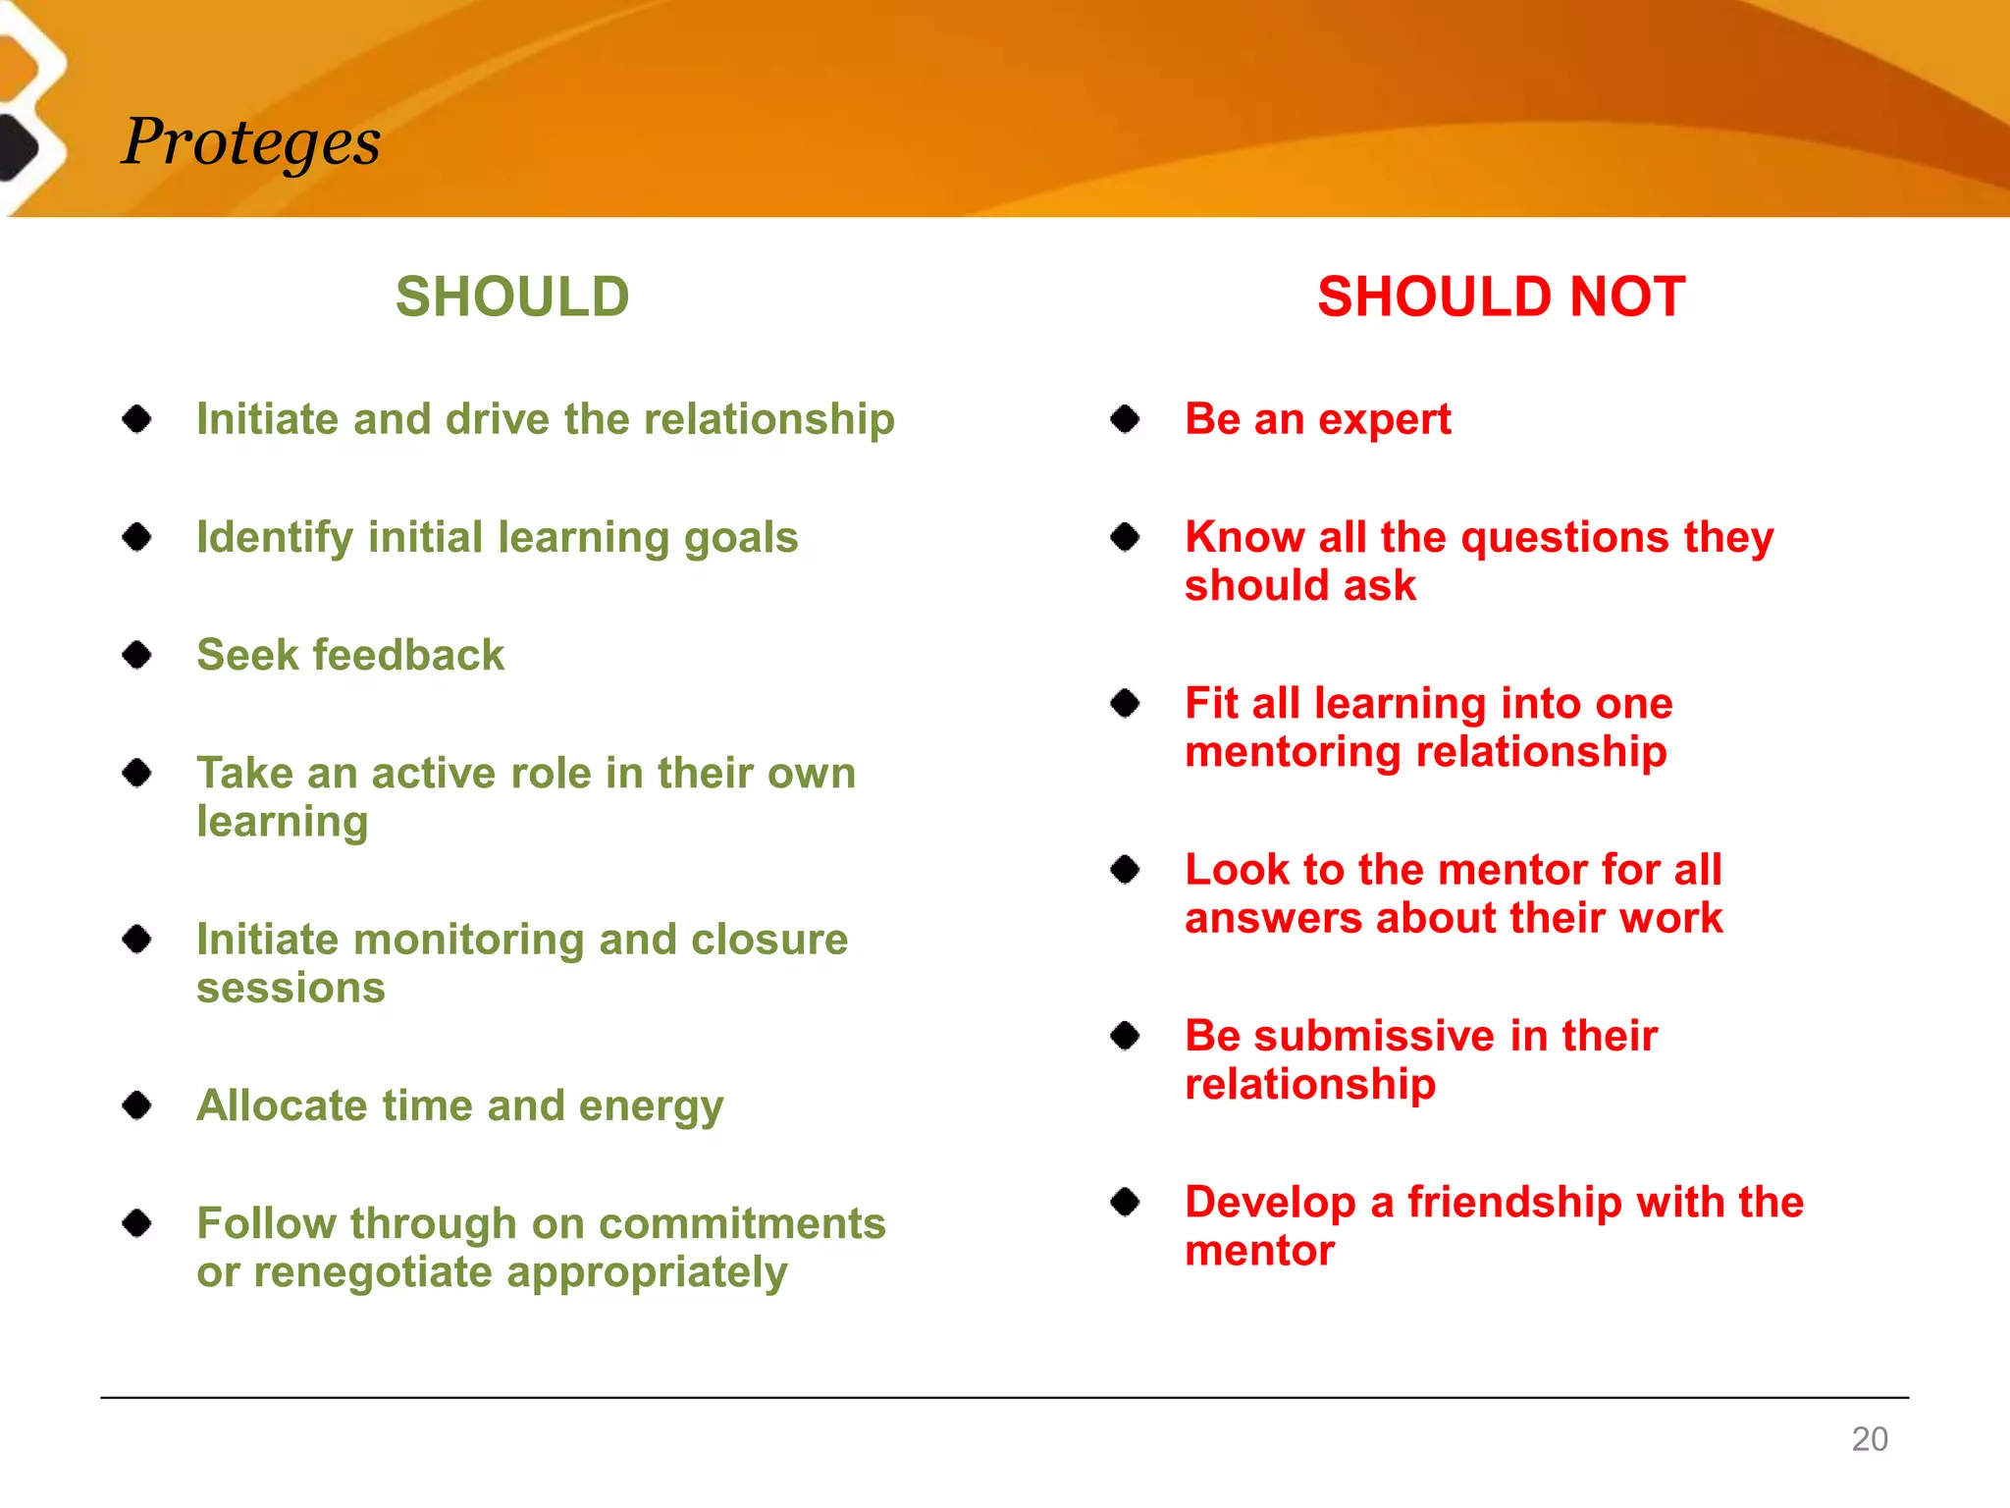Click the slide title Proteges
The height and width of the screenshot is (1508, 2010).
(x=251, y=143)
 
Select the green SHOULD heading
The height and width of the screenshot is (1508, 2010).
(x=512, y=296)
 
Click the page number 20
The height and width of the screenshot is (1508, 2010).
(x=1869, y=1438)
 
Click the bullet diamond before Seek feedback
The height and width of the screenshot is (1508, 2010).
(x=137, y=655)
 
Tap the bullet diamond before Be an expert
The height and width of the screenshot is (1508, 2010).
(x=1125, y=419)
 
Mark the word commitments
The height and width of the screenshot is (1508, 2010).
(x=742, y=1224)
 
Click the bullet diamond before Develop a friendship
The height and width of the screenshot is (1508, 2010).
(x=1125, y=1202)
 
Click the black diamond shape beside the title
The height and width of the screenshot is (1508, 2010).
(x=18, y=147)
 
